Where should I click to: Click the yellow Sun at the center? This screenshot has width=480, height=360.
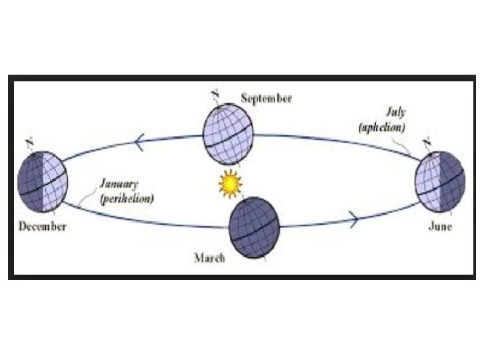[229, 183]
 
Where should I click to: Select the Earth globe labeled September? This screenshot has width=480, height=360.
[227, 133]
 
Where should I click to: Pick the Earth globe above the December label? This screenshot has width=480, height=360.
[42, 178]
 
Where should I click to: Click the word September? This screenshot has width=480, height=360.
[266, 99]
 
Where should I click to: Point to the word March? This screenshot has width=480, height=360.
[209, 258]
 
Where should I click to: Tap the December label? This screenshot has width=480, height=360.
[42, 227]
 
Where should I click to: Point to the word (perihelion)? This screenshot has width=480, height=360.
[127, 199]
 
